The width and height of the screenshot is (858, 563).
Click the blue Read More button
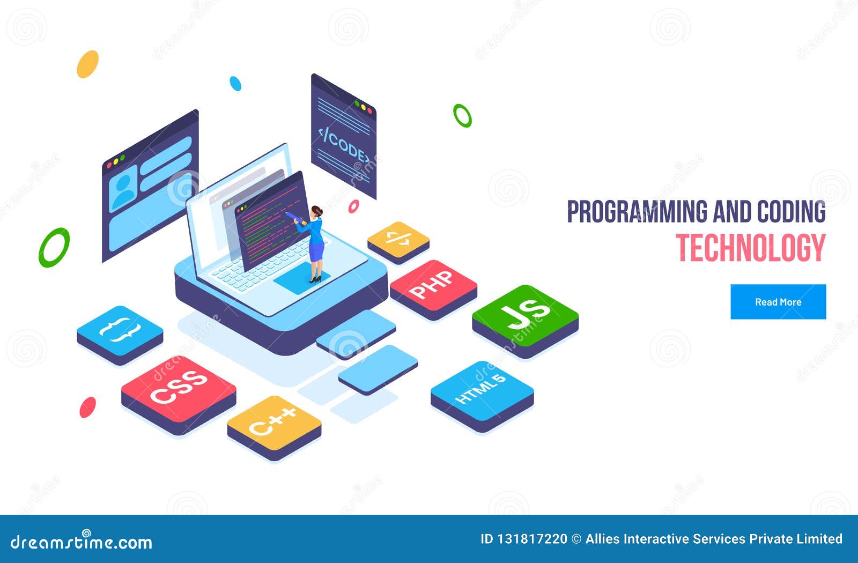[x=778, y=302]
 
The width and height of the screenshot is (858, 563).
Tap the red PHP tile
[x=433, y=284]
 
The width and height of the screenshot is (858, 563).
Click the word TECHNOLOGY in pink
[x=750, y=248]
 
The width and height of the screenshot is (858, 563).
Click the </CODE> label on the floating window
[x=344, y=143]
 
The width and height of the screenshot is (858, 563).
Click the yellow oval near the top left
[x=87, y=64]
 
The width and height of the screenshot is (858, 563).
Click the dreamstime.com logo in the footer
[x=82, y=542]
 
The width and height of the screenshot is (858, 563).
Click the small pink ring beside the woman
[x=353, y=206]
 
